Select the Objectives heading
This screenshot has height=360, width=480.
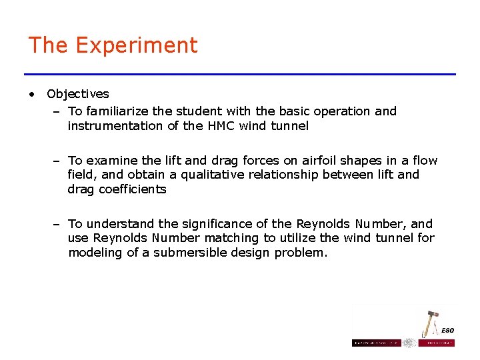78,94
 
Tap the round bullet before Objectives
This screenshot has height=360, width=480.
31,94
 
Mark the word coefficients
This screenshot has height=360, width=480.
133,189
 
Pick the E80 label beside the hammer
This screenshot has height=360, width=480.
447,331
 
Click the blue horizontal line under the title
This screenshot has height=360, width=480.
240,74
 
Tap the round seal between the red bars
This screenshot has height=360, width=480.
409,343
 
